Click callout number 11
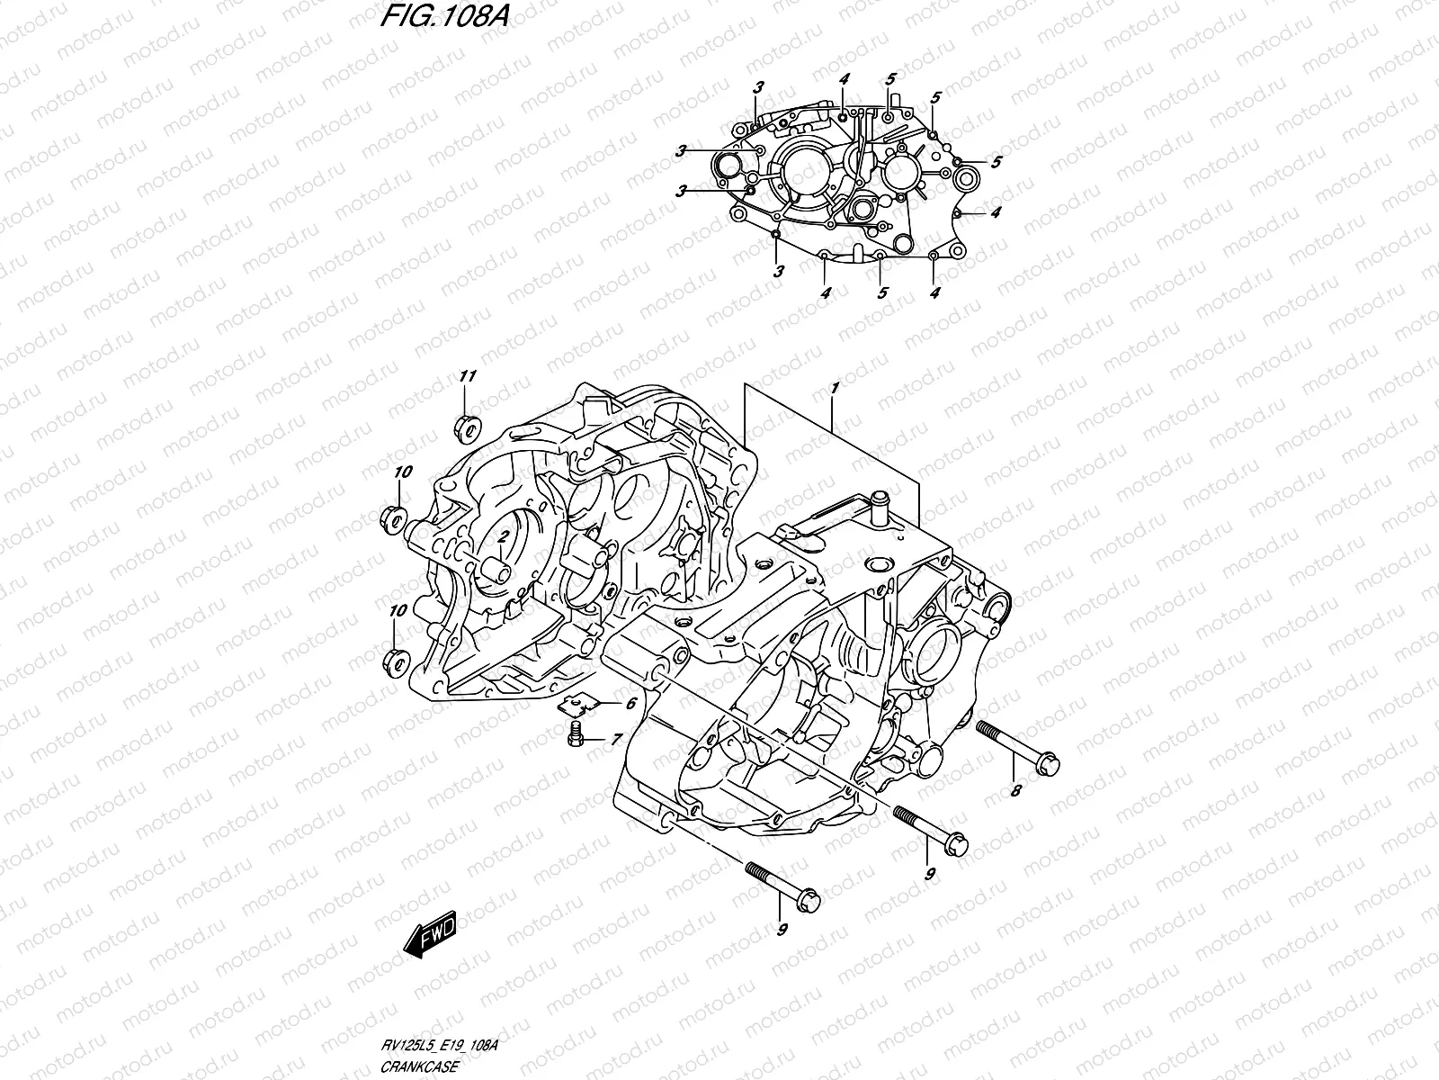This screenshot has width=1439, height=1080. pos(466,375)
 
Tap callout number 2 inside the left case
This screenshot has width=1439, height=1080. pos(505,536)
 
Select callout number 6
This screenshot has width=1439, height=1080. pos(630,705)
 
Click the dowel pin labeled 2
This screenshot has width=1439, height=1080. pos(495,570)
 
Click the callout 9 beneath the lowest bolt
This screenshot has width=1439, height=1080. pos(782,954)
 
